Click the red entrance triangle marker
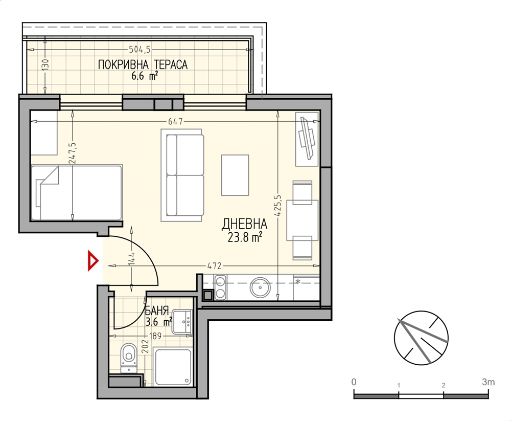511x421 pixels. coord(92,260)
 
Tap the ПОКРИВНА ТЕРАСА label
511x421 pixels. coord(143,64)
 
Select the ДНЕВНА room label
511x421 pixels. coord(244,224)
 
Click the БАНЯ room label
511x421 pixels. coord(157,309)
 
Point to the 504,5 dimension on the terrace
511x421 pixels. coord(140,50)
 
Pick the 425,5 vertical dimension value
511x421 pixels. coord(277,206)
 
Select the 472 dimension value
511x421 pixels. coord(214,266)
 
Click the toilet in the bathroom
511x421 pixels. coord(129,358)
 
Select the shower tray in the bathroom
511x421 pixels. coord(173,367)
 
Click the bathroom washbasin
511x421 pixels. coord(183,322)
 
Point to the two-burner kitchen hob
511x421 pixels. coord(220,287)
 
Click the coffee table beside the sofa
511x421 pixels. coord(235,175)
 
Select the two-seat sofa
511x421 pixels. coord(182,175)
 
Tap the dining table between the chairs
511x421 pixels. coord(303,220)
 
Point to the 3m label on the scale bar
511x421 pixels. coord(488,382)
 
